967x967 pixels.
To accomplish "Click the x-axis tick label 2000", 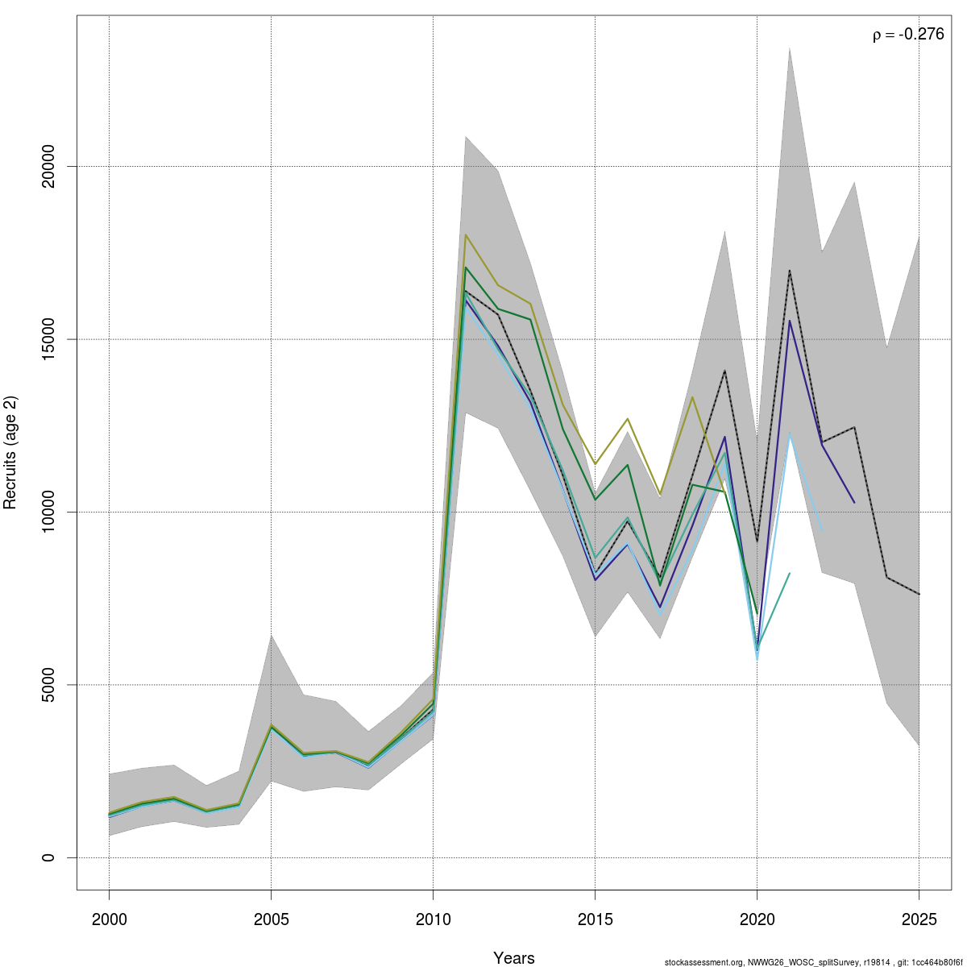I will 109,919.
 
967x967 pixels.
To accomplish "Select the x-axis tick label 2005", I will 271,919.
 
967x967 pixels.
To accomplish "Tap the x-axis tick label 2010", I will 433,919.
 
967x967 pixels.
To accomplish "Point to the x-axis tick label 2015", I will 595,919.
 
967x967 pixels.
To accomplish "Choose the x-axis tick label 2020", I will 757,919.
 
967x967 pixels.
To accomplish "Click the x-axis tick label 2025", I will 919,919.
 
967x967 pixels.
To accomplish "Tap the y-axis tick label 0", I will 48,857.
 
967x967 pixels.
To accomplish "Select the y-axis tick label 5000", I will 48,685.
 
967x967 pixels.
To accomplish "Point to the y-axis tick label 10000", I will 48,512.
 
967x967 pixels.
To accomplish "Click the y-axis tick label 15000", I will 48,339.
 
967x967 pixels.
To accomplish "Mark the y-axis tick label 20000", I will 48,166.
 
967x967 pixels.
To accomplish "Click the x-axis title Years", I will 514,958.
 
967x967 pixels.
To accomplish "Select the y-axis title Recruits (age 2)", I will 10,452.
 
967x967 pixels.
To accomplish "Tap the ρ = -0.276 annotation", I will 908,35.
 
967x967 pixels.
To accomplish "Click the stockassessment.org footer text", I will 813,962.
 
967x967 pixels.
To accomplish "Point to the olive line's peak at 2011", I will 466,234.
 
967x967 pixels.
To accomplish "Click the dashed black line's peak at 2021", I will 790,271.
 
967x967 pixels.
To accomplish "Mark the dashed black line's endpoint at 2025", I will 919,594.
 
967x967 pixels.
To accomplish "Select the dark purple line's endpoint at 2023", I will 854,503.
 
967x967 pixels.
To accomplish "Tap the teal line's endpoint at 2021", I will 790,573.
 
